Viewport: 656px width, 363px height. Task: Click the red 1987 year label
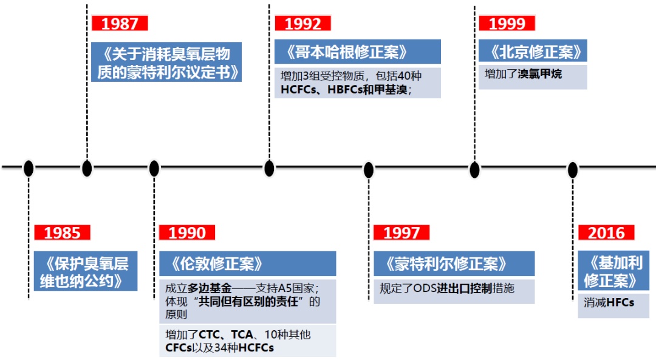click(120, 24)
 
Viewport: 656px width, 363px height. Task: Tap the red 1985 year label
click(62, 232)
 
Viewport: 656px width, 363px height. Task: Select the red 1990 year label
click(187, 232)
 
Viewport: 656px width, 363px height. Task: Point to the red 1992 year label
click(302, 24)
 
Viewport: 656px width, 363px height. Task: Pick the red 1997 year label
click(401, 232)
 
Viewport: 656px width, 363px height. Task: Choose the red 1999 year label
click(507, 24)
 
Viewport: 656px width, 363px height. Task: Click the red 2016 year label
click(606, 232)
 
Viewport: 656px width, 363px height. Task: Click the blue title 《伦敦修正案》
click(217, 263)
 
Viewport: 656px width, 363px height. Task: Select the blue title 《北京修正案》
click(532, 52)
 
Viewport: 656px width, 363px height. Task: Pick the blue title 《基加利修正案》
click(612, 271)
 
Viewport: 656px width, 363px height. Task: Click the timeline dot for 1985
click(29, 168)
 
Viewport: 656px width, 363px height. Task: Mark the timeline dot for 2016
click(573, 169)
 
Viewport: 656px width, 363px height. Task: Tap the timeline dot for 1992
click(269, 168)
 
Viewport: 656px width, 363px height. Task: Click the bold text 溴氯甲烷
click(540, 75)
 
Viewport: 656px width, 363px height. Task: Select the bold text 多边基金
click(207, 287)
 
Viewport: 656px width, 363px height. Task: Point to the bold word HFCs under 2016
click(620, 302)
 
